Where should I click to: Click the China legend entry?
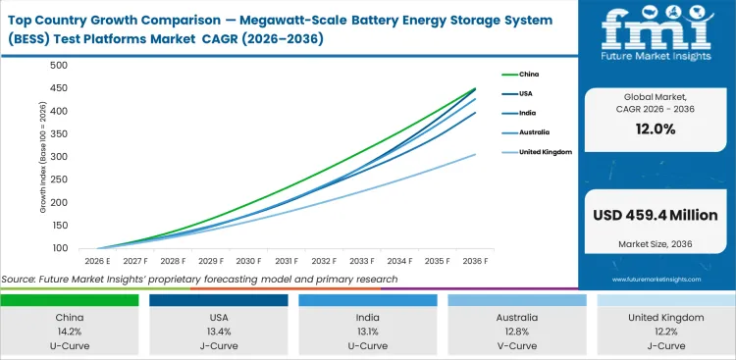pos(528,74)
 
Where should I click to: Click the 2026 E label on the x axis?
pos(98,261)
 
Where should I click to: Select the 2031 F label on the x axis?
pos(287,261)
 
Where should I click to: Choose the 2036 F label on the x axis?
pos(475,261)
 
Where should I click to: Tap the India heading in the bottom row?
pos(367,318)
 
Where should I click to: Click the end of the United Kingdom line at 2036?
pos(476,154)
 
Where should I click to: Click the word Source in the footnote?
pos(20,280)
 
